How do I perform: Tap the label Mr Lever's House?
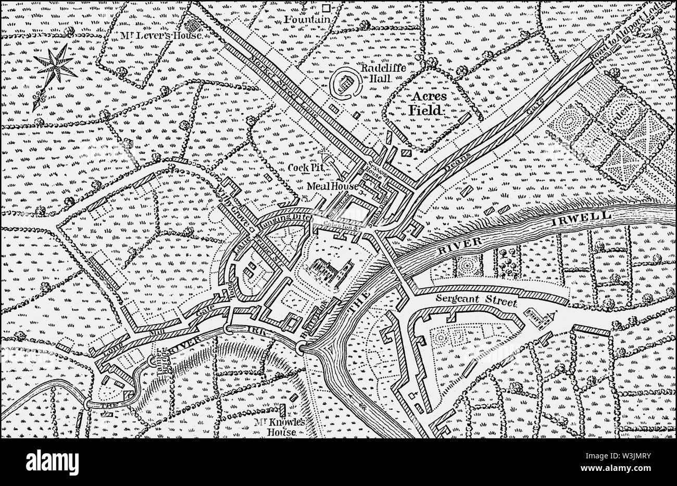click(162, 36)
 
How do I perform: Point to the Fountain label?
click(311, 20)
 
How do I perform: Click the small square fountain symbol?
click(326, 8)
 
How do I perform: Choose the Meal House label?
click(339, 186)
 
